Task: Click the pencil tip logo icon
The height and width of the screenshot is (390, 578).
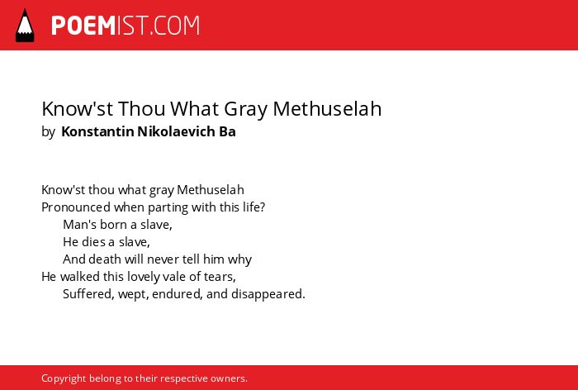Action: [25, 25]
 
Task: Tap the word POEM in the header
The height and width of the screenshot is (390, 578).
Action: [83, 26]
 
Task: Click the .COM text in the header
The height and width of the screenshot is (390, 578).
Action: [174, 26]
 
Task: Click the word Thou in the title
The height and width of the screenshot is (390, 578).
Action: [142, 108]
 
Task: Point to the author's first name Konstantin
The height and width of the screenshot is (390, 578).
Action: [97, 131]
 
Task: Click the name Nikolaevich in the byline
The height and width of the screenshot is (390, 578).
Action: [176, 131]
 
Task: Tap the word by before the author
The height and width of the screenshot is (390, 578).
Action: [48, 132]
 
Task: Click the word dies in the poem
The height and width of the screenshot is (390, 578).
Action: [93, 241]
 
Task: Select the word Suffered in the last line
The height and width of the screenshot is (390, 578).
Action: [88, 294]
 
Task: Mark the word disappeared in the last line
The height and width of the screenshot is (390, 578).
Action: [268, 294]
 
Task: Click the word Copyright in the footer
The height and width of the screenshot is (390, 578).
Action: [64, 379]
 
